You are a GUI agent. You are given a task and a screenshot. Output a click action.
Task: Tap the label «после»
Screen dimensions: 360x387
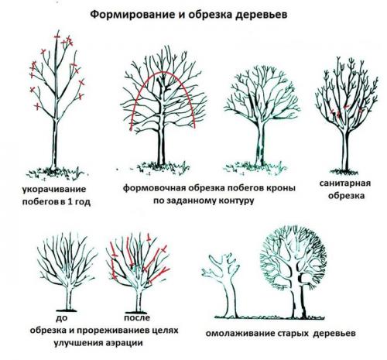[x=135, y=317]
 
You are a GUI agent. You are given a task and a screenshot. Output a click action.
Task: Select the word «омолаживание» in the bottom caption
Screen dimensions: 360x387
[x=241, y=334]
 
